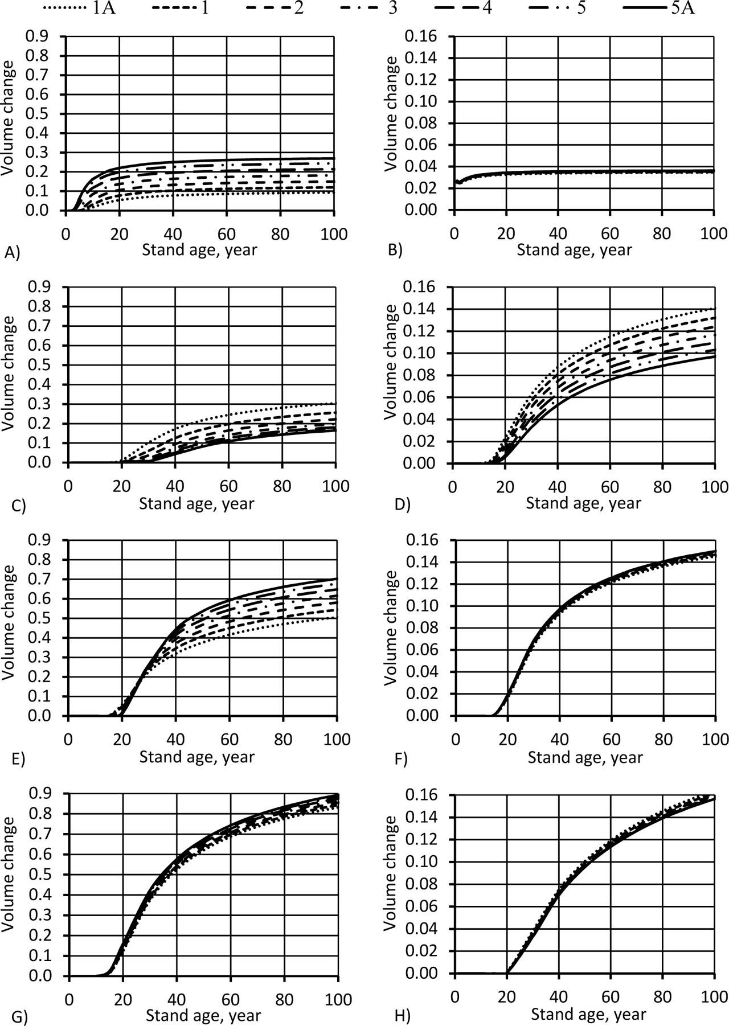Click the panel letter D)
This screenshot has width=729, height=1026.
click(402, 505)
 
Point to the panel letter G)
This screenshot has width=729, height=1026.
click(13, 1013)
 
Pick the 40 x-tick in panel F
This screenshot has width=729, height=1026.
click(559, 739)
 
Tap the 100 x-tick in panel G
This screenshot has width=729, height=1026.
click(337, 999)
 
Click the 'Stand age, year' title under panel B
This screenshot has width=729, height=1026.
click(574, 249)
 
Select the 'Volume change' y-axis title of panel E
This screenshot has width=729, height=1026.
click(9, 626)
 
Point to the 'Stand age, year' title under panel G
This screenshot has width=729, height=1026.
click(203, 1015)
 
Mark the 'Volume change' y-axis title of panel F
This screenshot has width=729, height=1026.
click(392, 626)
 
